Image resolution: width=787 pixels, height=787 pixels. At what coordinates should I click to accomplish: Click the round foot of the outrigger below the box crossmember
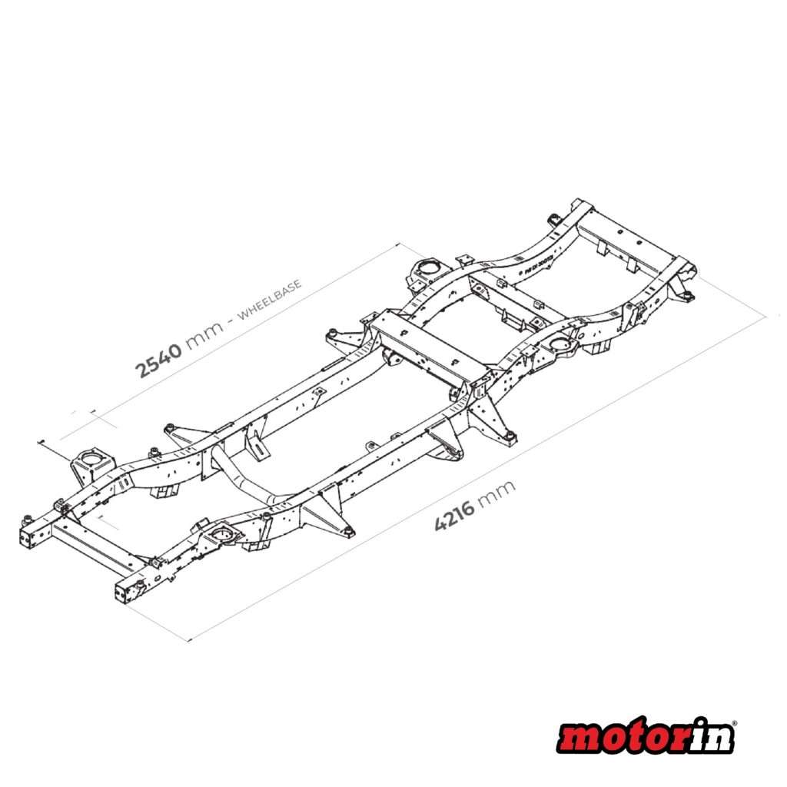[508, 439]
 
